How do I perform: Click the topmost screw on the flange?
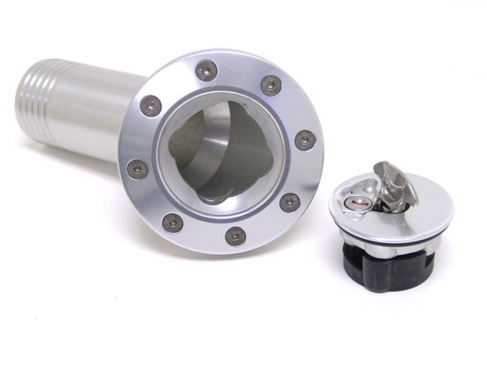[207, 71]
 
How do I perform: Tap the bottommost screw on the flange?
[236, 236]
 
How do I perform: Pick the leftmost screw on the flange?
[136, 169]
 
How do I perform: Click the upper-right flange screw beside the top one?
[271, 85]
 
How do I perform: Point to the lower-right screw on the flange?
[290, 202]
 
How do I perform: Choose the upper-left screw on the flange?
[150, 106]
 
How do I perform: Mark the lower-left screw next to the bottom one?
[173, 222]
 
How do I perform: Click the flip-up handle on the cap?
[394, 182]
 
